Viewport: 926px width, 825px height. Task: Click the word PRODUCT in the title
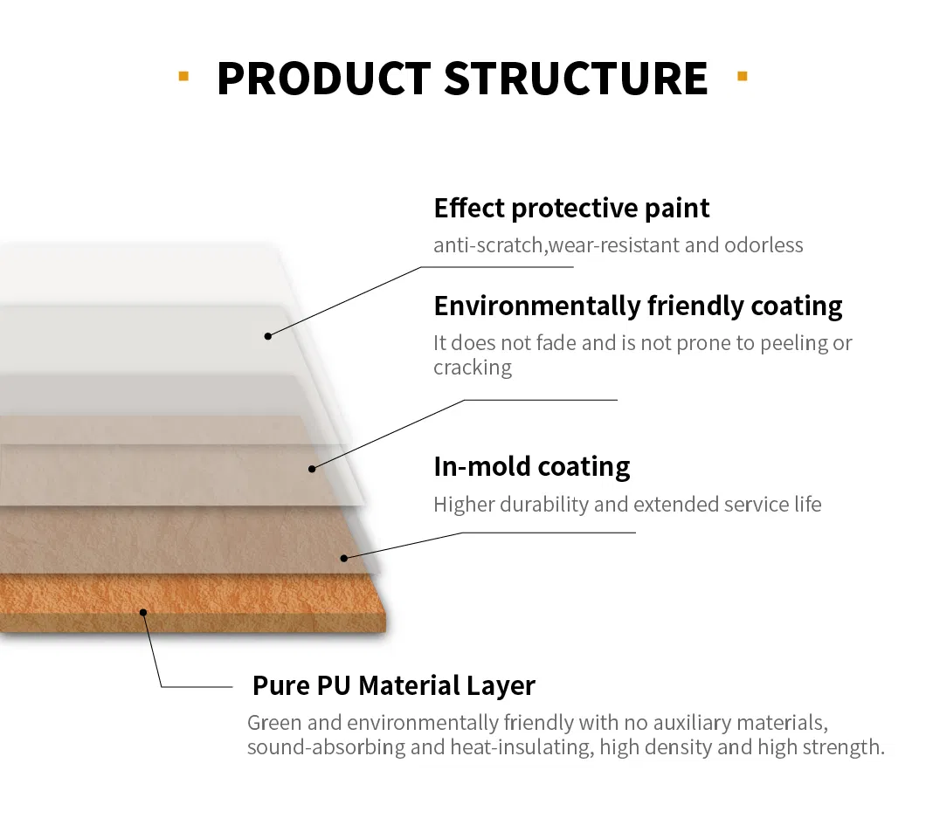click(324, 78)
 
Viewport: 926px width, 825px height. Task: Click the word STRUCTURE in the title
click(576, 78)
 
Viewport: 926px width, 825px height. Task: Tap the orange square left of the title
click(183, 76)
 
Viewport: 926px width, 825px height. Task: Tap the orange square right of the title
click(743, 76)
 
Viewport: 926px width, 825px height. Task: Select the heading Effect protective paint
click(571, 209)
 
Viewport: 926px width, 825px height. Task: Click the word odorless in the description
click(764, 245)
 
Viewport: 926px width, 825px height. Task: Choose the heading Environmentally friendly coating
click(638, 306)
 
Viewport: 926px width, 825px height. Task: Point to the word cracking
click(473, 368)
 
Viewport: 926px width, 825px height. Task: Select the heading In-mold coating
click(531, 467)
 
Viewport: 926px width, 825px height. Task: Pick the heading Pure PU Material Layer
click(393, 686)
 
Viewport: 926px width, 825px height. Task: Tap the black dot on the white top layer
click(268, 336)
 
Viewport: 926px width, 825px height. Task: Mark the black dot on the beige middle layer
click(312, 469)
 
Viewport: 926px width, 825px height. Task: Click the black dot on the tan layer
click(344, 557)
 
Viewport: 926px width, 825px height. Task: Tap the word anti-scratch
click(489, 245)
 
